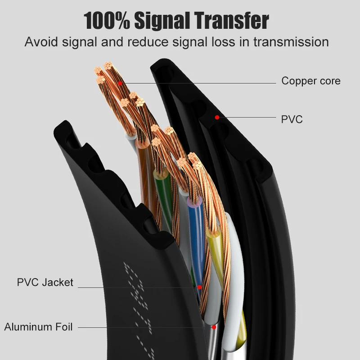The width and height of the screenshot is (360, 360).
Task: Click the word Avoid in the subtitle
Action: (x=39, y=42)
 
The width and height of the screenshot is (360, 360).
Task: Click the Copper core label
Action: (x=310, y=81)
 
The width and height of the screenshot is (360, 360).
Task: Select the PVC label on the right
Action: (x=292, y=119)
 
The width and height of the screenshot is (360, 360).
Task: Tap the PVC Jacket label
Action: (x=45, y=283)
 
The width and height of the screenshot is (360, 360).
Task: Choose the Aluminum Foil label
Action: (x=38, y=327)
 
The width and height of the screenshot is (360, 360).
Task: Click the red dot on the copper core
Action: (x=120, y=83)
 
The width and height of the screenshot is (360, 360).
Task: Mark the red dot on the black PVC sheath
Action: (x=217, y=117)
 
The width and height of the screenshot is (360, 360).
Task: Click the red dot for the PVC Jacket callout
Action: (x=199, y=287)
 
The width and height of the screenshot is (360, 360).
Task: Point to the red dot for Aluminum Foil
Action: (x=214, y=327)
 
